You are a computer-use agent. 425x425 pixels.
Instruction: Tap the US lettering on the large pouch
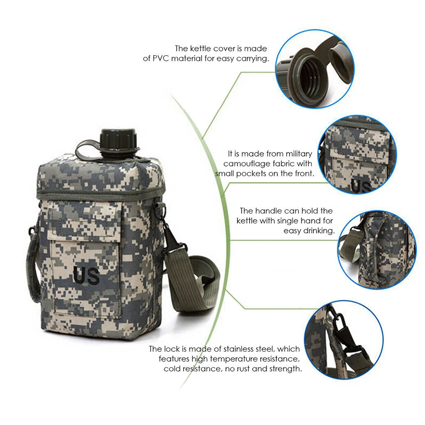(87, 276)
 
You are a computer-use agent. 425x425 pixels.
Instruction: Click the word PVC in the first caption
(161, 59)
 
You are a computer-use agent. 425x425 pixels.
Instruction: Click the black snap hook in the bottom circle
(339, 324)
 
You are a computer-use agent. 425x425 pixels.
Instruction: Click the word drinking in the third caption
(319, 231)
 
